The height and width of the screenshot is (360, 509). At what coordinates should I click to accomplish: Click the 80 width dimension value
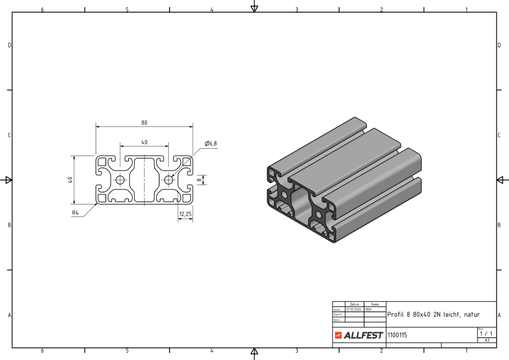click(144, 123)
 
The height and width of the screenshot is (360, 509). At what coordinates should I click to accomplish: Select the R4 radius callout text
click(76, 213)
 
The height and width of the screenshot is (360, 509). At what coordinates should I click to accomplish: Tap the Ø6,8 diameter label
click(211, 144)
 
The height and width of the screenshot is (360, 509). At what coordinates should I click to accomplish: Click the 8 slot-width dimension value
click(199, 180)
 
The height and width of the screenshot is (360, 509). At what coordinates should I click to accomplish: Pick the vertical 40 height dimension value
click(71, 180)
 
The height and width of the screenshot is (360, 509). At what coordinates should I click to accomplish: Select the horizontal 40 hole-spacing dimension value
click(144, 142)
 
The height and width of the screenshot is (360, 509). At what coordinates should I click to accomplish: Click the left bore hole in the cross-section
click(120, 180)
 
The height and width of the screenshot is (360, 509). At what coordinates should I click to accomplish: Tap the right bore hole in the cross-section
click(169, 180)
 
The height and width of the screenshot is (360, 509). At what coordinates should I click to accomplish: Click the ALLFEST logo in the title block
click(359, 335)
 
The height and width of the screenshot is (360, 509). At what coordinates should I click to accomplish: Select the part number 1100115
click(397, 335)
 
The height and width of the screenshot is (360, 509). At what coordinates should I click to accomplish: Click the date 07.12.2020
click(355, 309)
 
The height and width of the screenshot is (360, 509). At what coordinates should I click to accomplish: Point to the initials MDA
click(368, 309)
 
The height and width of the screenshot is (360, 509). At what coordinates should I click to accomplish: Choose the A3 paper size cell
click(487, 341)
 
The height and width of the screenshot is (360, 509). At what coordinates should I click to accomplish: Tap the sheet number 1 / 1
click(487, 334)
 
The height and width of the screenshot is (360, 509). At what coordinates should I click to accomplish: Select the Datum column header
click(354, 304)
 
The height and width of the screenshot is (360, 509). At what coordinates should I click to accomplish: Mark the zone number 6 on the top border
click(42, 9)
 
